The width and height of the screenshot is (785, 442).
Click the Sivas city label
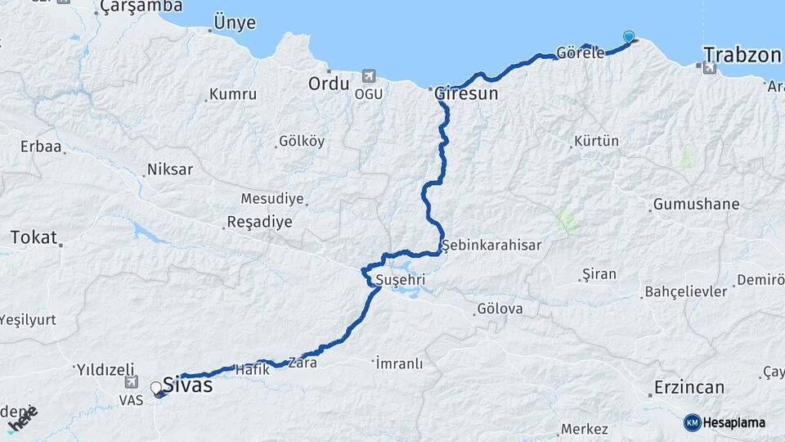click(x=187, y=385)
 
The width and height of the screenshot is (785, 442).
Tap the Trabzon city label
click(x=742, y=55)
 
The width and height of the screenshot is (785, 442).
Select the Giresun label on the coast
click(x=466, y=93)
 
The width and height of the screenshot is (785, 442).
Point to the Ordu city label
click(x=329, y=83)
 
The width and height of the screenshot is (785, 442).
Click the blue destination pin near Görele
click(x=628, y=36)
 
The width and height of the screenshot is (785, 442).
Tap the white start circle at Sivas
click(x=156, y=387)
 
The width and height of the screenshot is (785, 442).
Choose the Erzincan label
click(x=689, y=387)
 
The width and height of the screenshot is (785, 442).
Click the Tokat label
click(x=34, y=238)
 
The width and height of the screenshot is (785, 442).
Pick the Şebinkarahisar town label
click(x=491, y=245)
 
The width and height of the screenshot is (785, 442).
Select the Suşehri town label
click(x=401, y=281)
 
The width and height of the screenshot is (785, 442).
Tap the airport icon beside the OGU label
click(x=368, y=76)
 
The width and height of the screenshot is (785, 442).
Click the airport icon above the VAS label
click(x=131, y=382)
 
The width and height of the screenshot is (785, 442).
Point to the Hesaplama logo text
click(x=734, y=422)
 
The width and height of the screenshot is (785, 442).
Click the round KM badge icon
click(x=692, y=422)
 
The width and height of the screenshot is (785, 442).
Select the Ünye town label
click(x=234, y=22)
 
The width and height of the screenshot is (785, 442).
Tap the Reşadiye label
click(x=258, y=222)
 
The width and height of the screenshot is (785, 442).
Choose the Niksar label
click(x=169, y=170)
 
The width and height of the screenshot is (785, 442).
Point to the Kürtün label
click(x=596, y=142)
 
